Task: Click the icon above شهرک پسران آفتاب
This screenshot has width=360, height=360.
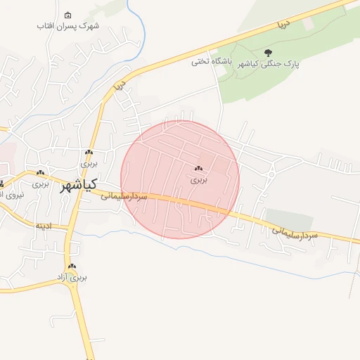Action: click(67, 15)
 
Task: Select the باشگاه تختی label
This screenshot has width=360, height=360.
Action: click(212, 61)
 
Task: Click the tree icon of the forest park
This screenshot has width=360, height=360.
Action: click(267, 52)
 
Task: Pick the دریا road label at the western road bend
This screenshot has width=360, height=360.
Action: click(119, 87)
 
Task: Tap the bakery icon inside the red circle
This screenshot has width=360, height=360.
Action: click(199, 169)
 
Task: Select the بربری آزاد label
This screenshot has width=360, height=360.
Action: click(72, 278)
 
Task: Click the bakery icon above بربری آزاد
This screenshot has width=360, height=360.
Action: click(72, 266)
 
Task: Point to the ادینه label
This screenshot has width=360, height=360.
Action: click(44, 226)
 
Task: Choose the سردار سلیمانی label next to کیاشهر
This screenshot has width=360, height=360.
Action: click(124, 196)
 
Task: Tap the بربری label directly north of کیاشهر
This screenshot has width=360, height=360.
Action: click(89, 164)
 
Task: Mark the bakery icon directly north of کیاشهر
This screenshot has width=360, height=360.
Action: click(89, 153)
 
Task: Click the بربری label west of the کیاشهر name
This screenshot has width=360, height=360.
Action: click(41, 184)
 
